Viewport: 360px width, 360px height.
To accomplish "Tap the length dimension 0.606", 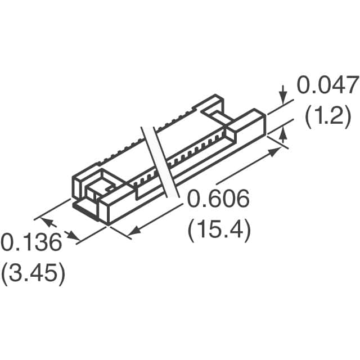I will click(x=218, y=200).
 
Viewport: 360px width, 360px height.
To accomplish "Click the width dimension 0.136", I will click(x=31, y=244).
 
